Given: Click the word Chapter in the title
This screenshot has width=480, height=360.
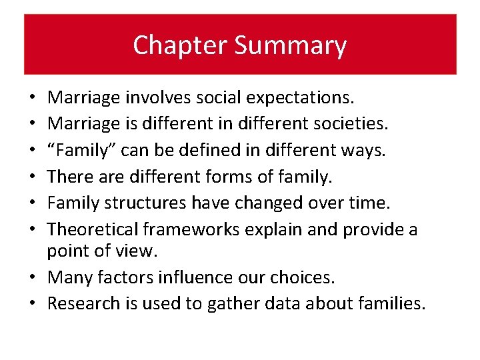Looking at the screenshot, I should [x=170, y=45].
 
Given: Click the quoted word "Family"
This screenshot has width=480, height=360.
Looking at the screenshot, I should [x=78, y=151].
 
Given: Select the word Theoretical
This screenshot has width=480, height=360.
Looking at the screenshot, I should [x=91, y=230].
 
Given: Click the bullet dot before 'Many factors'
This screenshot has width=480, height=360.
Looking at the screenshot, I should [x=34, y=277].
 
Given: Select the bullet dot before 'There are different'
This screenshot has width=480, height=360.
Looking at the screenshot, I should [x=34, y=177].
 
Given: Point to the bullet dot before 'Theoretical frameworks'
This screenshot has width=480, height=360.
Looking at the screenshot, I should [x=34, y=231].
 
